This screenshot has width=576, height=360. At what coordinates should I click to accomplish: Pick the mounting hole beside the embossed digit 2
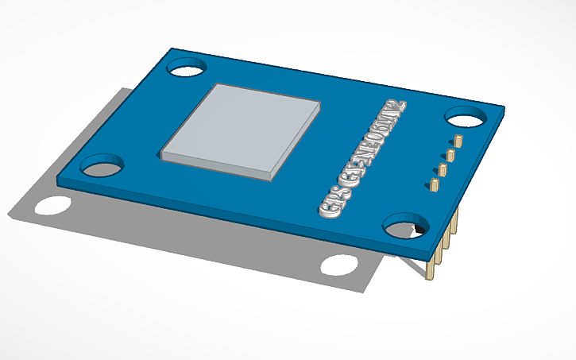coord(466,118)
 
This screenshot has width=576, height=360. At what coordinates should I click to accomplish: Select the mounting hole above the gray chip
coord(186,68)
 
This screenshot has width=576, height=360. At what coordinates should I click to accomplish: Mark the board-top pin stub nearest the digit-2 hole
coord(458,141)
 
